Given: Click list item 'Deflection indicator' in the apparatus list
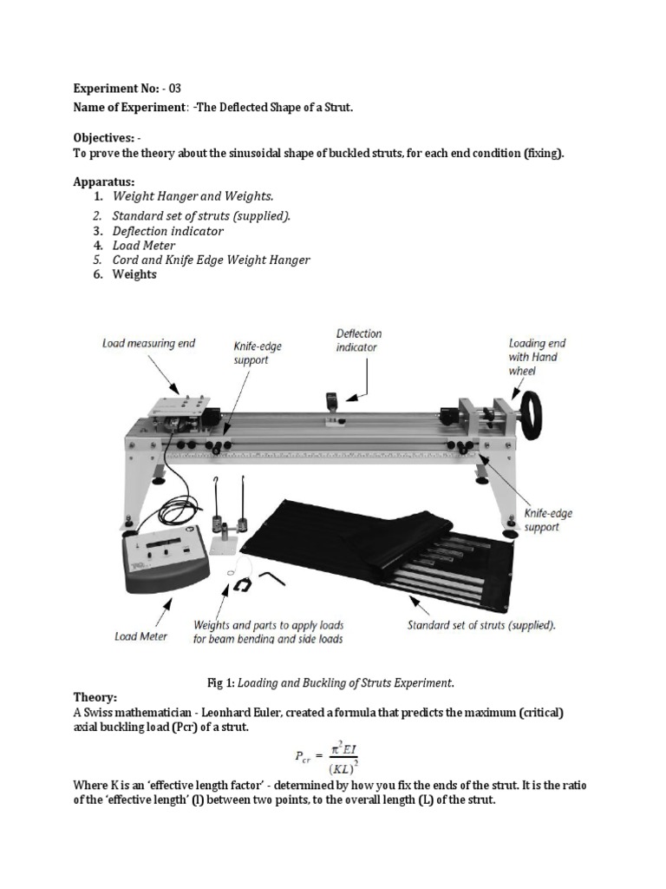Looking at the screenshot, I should coord(167,231).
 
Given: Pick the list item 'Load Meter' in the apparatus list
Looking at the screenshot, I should coord(145,246).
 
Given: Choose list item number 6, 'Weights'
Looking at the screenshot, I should coord(134,274).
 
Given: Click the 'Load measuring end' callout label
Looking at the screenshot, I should coord(148,343).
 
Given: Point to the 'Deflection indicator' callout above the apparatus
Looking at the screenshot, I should coord(358,340).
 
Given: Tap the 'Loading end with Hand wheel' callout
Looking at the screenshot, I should coord(532,357).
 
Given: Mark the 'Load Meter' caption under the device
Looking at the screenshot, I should coord(141,636).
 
